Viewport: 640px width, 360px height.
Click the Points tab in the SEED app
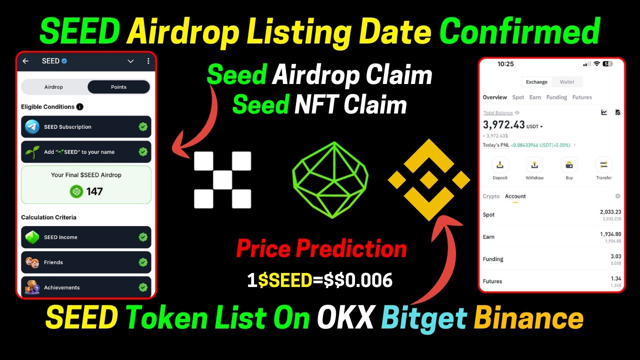pos(118,87)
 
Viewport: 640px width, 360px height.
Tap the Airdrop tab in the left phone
pos(53,87)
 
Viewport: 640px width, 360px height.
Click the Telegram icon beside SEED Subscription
pos(32,126)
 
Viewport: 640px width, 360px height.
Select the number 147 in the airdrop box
pos(94,191)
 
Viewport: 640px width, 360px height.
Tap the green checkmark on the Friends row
pos(143,262)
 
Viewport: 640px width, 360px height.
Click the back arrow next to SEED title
pos(25,61)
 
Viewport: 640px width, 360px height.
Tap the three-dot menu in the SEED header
pos(148,61)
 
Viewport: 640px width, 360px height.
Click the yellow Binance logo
pos(429,180)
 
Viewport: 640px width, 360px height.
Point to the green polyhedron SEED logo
pos(330,180)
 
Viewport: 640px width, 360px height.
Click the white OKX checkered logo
pos(222,180)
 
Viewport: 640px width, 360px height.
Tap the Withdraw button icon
pos(534,165)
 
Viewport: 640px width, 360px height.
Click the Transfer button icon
pos(603,165)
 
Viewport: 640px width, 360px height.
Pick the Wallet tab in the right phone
pos(567,82)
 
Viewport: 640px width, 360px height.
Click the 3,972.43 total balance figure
pos(503,125)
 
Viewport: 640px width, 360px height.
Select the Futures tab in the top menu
pos(582,97)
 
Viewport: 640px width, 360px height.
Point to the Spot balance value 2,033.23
pos(610,212)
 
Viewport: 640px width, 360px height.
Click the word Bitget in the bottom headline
pos(424,318)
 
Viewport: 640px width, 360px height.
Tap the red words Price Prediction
pos(321,248)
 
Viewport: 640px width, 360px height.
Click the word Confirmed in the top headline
pos(519,31)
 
